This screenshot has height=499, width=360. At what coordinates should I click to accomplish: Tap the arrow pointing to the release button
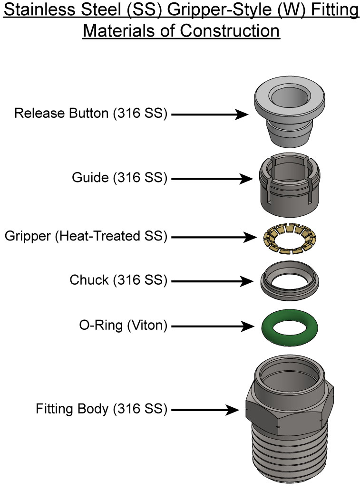[209, 114]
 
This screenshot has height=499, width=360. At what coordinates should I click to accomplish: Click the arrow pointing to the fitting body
[204, 409]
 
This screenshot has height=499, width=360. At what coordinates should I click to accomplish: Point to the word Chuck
[89, 281]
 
